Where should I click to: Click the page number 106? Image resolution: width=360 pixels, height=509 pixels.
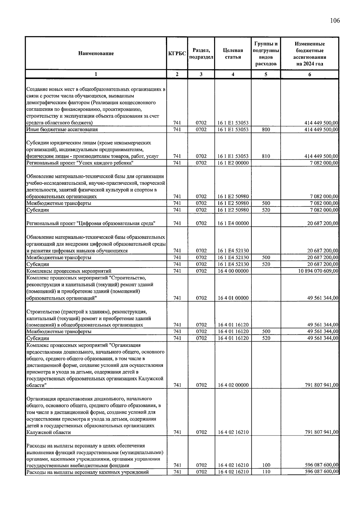335,21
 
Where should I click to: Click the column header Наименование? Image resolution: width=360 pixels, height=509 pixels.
96,53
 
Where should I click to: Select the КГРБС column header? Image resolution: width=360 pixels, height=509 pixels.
177,53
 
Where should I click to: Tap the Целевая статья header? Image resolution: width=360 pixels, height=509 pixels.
233,53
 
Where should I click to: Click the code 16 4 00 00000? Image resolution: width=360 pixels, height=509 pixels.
233,271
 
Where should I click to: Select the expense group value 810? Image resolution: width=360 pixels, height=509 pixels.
266,156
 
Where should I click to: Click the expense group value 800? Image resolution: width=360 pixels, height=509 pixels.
266,130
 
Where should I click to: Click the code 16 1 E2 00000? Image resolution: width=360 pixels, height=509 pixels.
233,163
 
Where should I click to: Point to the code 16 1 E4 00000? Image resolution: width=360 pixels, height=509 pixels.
233,223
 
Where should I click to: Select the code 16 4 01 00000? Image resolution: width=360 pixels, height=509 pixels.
233,298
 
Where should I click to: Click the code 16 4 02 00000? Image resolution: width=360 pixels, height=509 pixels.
233,385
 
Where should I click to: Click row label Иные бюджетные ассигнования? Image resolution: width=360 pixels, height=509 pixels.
62,130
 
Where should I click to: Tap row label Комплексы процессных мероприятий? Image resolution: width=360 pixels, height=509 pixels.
69,271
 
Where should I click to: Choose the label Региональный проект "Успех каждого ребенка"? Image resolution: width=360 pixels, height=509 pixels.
80,163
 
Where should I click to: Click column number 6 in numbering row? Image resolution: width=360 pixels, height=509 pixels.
310,74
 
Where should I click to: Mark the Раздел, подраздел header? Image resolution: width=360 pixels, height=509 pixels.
201,53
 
